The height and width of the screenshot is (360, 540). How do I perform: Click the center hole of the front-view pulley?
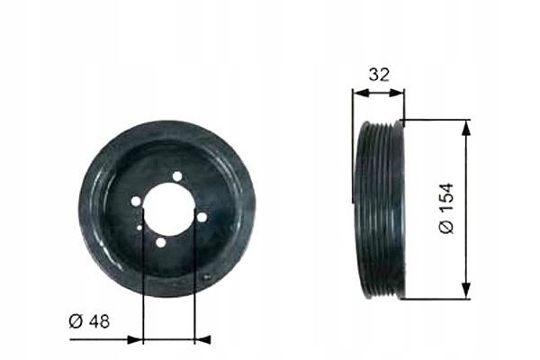tap(169, 210)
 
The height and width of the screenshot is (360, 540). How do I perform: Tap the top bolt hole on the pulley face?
tap(177, 176)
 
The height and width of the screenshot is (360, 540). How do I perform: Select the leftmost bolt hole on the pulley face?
tap(136, 202)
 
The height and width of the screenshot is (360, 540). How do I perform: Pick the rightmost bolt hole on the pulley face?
tap(202, 218)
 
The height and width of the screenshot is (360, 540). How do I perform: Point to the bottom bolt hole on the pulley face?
tap(160, 242)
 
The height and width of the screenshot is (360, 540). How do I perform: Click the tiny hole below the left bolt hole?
tap(139, 227)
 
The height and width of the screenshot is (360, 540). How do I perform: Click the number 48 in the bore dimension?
tap(99, 321)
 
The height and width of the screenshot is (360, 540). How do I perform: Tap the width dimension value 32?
tap(379, 75)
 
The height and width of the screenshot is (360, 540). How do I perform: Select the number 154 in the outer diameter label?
tap(446, 199)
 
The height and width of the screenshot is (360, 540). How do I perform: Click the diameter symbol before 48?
tap(76, 321)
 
